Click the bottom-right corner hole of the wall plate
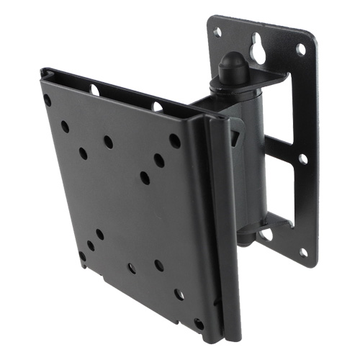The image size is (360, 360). (x=303, y=252)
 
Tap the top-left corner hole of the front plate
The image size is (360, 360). (x=48, y=100)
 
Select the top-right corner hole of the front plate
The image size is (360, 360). (x=174, y=140)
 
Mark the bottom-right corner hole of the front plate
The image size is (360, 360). (x=199, y=323)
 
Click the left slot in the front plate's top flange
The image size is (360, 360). (x=94, y=89)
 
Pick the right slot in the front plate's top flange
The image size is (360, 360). (x=157, y=107)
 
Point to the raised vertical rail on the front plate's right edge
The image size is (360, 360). (x=216, y=230)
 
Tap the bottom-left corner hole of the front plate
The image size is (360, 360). (x=83, y=256)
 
